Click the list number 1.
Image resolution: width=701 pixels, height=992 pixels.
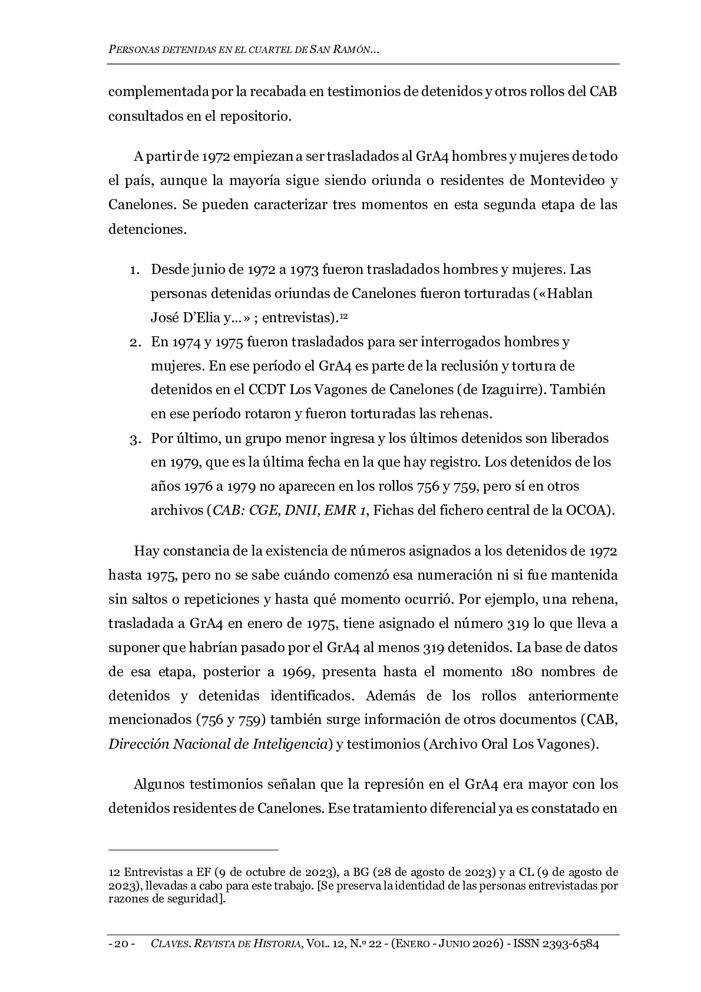tap(134, 270)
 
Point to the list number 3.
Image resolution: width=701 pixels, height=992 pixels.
tap(134, 439)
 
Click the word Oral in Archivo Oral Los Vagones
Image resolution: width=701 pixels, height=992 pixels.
tap(494, 744)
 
